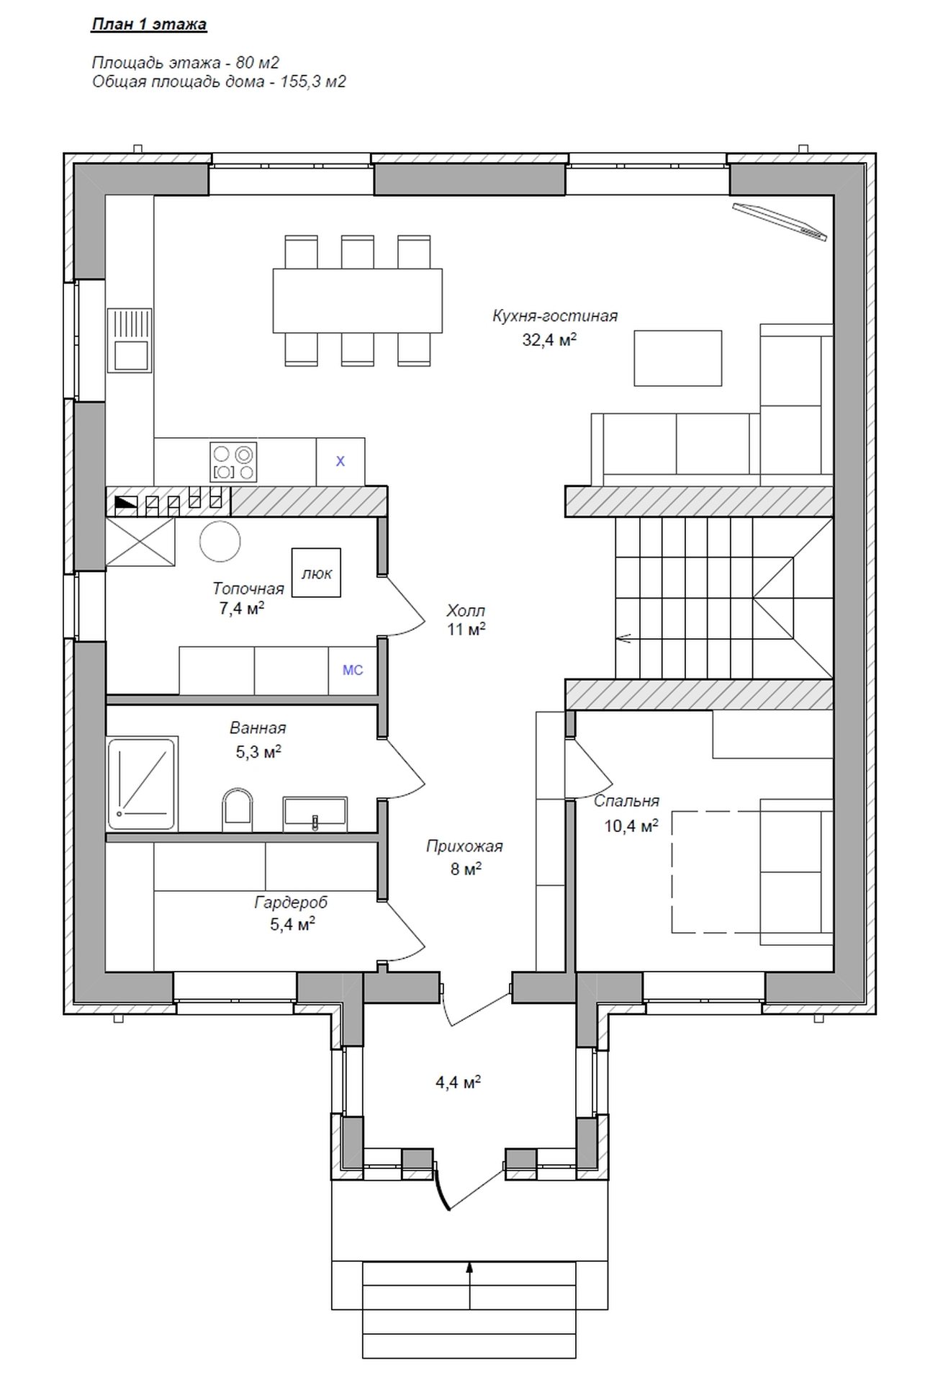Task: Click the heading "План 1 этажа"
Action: click(x=149, y=24)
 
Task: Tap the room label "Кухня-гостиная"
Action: click(x=555, y=315)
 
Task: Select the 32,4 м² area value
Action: click(x=550, y=340)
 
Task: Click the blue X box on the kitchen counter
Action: click(x=340, y=461)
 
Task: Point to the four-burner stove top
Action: click(x=233, y=462)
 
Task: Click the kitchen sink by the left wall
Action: click(x=130, y=340)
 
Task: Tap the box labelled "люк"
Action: click(x=316, y=573)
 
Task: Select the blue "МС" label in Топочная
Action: click(x=353, y=670)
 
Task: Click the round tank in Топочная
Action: click(x=220, y=542)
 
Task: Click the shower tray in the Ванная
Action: click(x=143, y=783)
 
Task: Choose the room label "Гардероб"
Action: click(x=291, y=902)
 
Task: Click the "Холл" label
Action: click(x=466, y=611)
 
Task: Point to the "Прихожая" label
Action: click(x=464, y=846)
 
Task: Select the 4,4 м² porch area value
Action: click(x=458, y=1083)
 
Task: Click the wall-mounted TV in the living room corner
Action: click(x=780, y=222)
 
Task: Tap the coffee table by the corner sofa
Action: click(x=677, y=358)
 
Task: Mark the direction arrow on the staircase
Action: click(x=624, y=637)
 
